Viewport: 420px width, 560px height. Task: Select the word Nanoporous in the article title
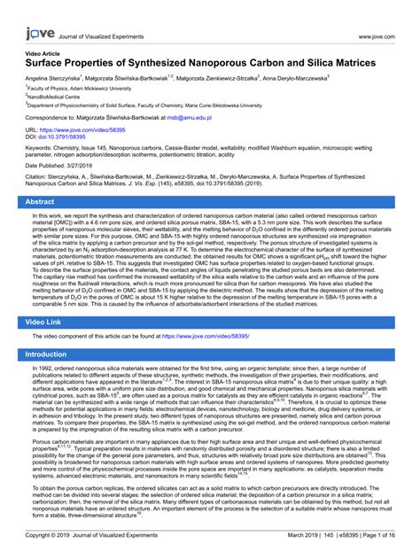(x=222, y=64)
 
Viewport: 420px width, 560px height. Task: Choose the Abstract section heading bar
(x=210, y=203)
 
